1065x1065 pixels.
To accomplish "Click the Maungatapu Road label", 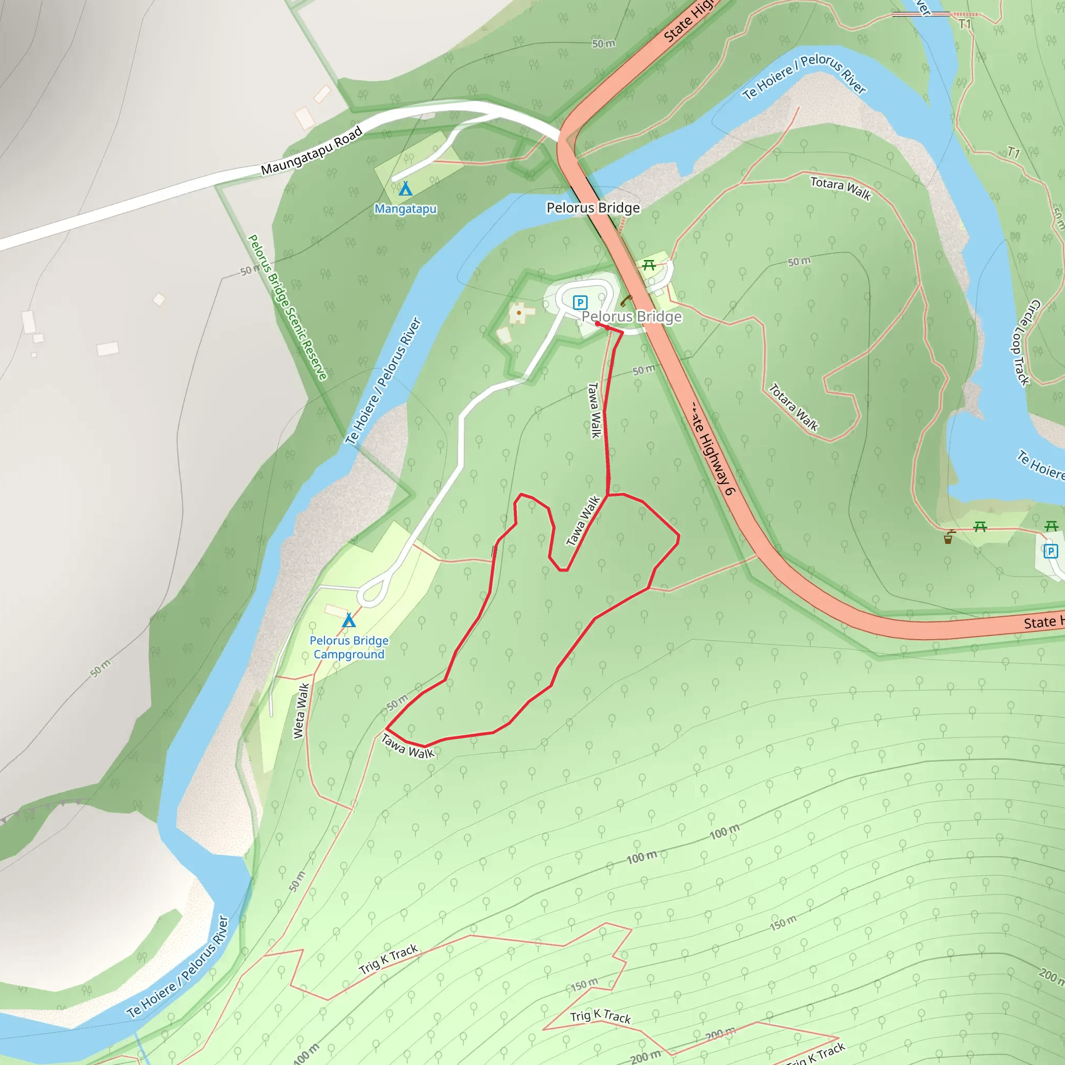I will coord(311,151).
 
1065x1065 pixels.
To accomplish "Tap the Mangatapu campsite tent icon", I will coord(405,189).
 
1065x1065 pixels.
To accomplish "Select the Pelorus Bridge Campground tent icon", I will coord(348,621).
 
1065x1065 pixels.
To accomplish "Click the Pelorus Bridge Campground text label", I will coord(349,647).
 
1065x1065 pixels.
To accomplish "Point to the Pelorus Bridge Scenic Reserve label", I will coord(288,307).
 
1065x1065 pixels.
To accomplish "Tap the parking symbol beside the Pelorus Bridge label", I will coord(580,302).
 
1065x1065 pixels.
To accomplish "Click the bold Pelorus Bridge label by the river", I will coord(593,208).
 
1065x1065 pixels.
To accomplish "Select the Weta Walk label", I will coord(301,710).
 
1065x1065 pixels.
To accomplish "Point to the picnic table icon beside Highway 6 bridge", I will coord(649,266).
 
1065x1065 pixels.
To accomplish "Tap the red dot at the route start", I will coord(598,324).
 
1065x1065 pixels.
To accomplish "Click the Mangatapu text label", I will coord(405,209).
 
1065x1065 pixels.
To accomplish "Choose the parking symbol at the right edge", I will coord(1050,551).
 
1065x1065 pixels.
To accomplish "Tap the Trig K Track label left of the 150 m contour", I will coord(388,959).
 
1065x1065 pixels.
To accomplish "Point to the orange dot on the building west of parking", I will coord(518,313).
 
